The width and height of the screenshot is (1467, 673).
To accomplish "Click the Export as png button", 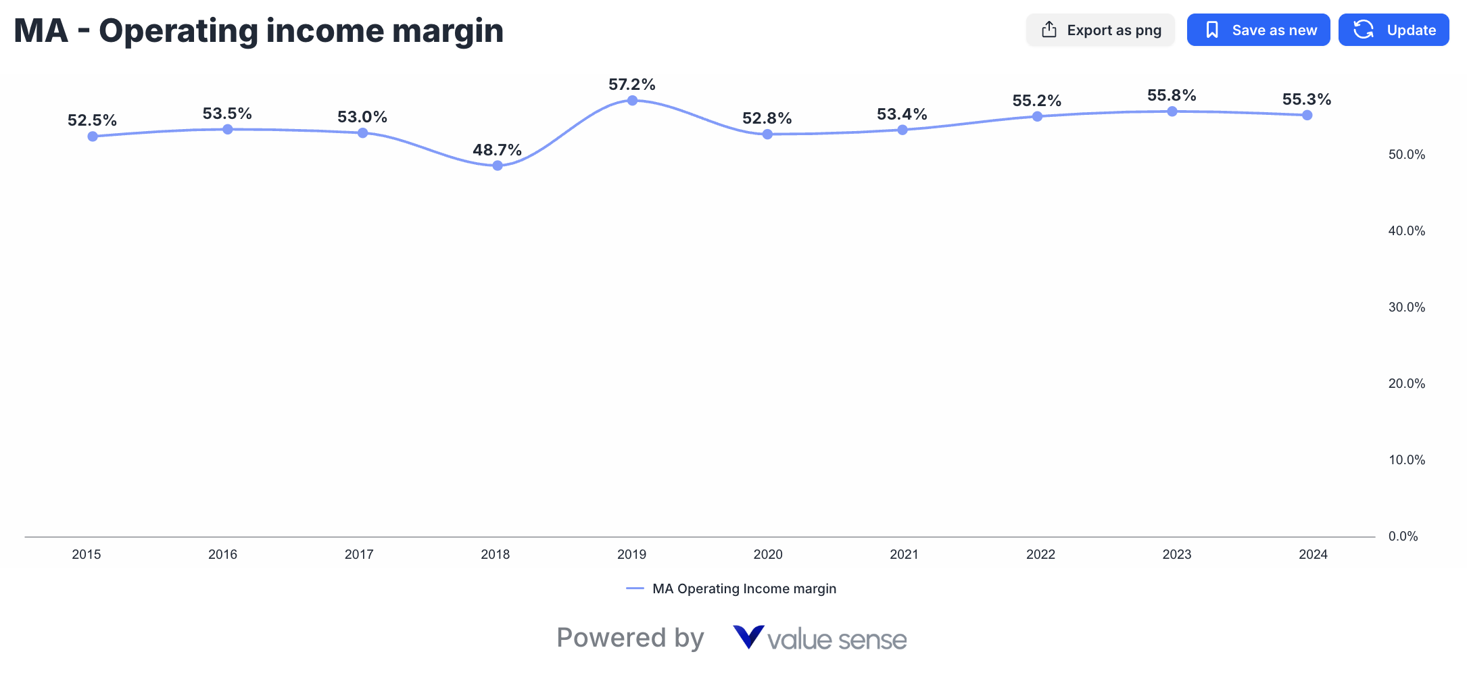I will (1101, 30).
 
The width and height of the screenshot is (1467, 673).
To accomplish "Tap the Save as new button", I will (1258, 30).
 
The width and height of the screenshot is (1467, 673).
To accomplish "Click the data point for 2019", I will (632, 101).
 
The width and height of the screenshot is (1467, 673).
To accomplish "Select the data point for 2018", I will (498, 166).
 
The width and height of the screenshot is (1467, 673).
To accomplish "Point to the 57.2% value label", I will (632, 84).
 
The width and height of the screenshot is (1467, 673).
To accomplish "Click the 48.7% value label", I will (497, 150).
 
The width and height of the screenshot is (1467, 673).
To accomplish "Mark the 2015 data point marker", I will (93, 136).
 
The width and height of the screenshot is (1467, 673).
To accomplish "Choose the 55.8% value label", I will (1172, 95).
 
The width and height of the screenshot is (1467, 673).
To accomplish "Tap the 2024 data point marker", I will (1307, 116).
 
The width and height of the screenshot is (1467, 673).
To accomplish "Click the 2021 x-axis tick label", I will (904, 555).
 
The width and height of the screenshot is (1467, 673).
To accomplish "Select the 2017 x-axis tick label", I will (359, 555).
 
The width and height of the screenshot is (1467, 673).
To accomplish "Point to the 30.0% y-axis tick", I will (1407, 307).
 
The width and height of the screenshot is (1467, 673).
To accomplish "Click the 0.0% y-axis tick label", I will (1403, 537).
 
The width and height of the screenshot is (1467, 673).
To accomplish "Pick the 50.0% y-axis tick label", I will (1407, 155).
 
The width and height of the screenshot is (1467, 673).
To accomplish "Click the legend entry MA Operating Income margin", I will (744, 589).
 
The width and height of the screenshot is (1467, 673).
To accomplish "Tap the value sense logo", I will (819, 639).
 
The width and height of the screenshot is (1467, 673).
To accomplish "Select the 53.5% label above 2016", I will (227, 114).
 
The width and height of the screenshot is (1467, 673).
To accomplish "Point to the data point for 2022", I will (1037, 117).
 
